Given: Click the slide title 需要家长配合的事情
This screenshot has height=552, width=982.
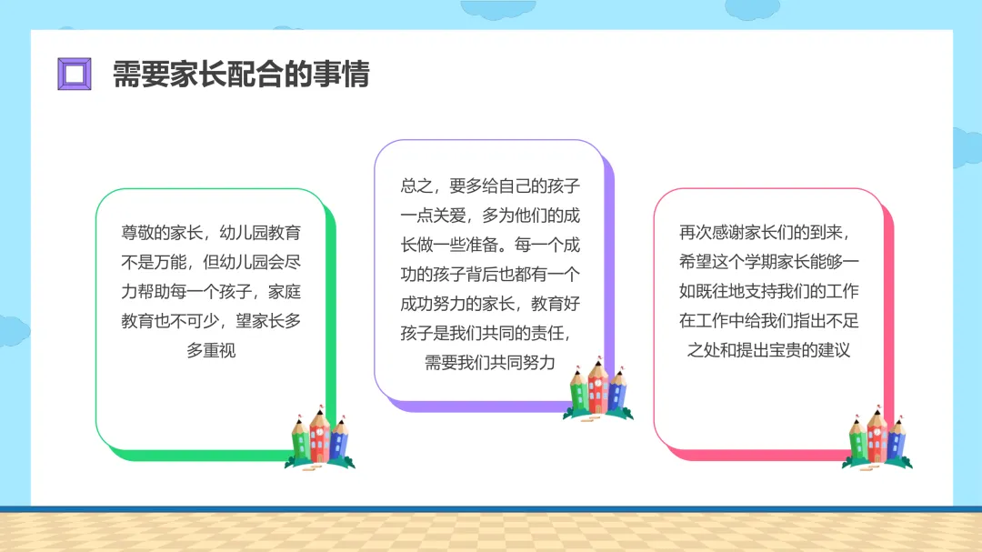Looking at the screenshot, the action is [241, 74].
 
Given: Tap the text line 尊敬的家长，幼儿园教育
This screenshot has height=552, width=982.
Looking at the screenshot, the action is [211, 232].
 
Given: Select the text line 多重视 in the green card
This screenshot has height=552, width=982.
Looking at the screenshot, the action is [211, 350].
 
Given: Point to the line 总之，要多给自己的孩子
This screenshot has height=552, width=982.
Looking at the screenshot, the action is [490, 186].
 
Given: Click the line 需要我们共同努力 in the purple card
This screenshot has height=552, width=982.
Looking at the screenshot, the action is [490, 362].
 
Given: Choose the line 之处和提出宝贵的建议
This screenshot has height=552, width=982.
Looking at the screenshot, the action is [768, 350].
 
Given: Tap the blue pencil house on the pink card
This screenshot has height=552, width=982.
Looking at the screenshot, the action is [896, 440].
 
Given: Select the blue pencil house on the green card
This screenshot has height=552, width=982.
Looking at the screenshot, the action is [339, 440].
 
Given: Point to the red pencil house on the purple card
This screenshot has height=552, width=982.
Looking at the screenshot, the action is [597, 386].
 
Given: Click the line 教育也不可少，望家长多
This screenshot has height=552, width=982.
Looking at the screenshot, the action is [211, 320].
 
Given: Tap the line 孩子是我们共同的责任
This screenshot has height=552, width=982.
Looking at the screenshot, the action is [490, 333].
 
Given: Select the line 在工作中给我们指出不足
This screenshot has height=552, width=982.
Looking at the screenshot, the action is [768, 320].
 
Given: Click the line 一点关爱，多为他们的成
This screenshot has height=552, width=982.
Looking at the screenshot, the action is [490, 216].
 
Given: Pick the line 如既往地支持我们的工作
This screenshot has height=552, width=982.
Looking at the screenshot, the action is [768, 291].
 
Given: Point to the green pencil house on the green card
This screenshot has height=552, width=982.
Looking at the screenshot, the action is [300, 440].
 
